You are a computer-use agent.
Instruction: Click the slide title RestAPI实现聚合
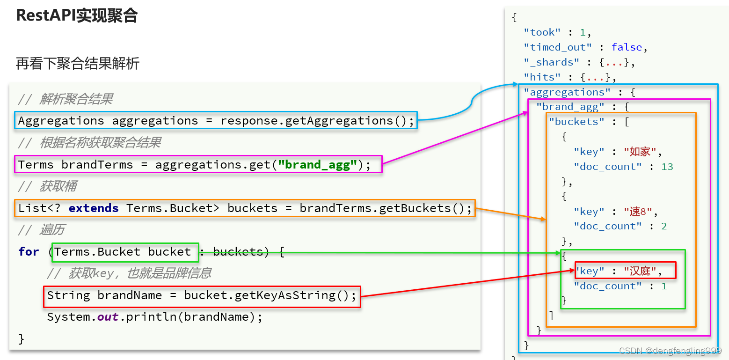tap(77, 16)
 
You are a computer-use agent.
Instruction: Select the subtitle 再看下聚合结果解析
tap(78, 63)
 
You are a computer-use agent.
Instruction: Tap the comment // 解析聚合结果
tap(66, 99)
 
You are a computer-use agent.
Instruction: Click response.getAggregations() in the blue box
tap(317, 121)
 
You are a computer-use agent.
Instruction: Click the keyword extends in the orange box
tap(94, 208)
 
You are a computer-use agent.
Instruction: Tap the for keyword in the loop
tap(29, 252)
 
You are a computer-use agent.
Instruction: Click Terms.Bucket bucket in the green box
tap(123, 252)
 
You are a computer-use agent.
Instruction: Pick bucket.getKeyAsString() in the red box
tap(270, 295)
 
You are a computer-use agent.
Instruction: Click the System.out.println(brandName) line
tap(154, 317)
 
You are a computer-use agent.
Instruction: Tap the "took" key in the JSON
tap(542, 32)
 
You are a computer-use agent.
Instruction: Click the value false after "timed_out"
tap(627, 47)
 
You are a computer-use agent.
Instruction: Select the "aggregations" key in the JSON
tap(567, 92)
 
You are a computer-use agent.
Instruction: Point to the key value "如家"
tap(640, 152)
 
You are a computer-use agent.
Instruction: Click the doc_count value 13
tap(667, 167)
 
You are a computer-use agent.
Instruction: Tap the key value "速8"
tap(638, 212)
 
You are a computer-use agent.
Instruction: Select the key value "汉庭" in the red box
tap(640, 271)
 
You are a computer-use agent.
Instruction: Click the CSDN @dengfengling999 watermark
tap(670, 351)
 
